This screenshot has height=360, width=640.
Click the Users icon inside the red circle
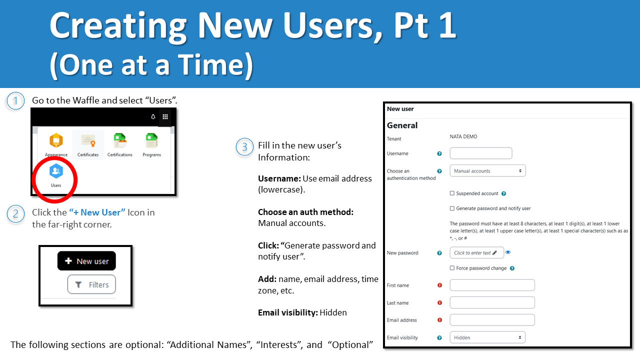[56, 171]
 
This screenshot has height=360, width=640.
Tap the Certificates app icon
[88, 141]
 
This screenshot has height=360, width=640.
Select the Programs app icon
[151, 141]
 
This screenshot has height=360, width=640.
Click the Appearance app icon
[56, 141]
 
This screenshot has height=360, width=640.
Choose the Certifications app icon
[119, 141]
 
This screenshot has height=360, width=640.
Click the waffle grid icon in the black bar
[165, 116]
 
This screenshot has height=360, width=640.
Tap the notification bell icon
[153, 116]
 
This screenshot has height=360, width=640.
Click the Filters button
[91, 284]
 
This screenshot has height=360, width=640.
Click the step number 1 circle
[15, 101]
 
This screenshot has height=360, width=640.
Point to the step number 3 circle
[244, 147]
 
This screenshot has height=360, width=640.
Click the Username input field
[481, 153]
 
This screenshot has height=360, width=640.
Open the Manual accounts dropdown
[487, 171]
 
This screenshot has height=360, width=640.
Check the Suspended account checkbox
[452, 193]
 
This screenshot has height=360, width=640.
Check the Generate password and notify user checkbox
[452, 208]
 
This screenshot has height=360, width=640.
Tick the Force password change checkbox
[452, 268]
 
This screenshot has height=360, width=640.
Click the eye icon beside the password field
[508, 252]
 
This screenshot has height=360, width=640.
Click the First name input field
[492, 285]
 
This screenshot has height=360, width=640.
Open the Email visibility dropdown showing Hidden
[487, 337]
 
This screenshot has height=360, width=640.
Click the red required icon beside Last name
[440, 303]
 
